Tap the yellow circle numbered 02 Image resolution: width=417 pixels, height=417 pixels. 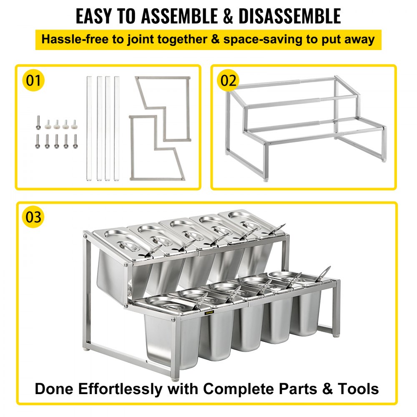tap(228, 80)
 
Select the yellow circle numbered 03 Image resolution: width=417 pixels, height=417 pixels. tap(34, 218)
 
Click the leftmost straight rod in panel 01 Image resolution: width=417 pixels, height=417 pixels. tap(89, 128)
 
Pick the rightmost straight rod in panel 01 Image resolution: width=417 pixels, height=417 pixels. tap(117, 128)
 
